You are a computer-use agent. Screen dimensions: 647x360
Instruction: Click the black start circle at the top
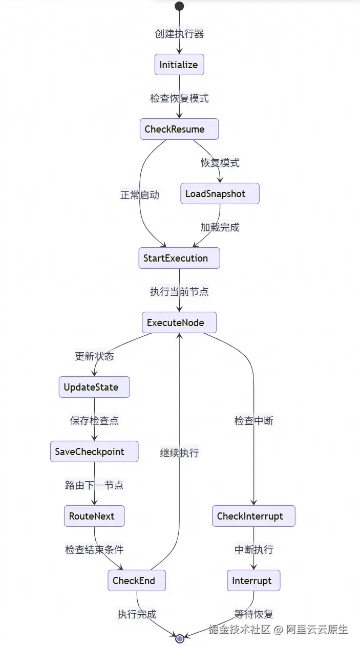179,6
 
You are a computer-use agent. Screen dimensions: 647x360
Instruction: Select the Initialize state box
179,65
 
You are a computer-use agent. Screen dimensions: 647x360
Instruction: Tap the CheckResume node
179,129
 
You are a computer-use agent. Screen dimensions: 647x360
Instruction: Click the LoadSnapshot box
220,193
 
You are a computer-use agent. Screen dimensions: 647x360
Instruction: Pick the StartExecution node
179,258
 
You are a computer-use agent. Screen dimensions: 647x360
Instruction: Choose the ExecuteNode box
179,322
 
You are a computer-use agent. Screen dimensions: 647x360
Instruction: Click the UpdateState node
94,387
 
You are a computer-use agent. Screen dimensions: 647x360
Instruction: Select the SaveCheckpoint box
94,451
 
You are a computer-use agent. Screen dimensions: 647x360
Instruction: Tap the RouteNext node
94,516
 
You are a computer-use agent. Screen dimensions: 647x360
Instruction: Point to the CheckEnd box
137,580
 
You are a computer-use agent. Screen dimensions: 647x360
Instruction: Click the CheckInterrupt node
253,516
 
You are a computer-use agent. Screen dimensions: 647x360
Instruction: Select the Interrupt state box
253,580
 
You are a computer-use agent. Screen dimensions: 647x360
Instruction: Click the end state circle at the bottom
179,638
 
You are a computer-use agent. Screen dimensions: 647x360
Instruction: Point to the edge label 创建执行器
179,34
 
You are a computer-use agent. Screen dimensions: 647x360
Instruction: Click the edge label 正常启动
140,195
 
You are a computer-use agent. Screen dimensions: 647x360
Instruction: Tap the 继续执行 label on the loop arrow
179,452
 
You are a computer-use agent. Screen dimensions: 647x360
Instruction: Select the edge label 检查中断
253,421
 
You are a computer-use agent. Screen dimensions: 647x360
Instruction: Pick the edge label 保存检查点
94,420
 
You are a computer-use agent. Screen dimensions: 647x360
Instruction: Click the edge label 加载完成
220,227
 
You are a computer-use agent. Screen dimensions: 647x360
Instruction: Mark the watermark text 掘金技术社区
239,629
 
